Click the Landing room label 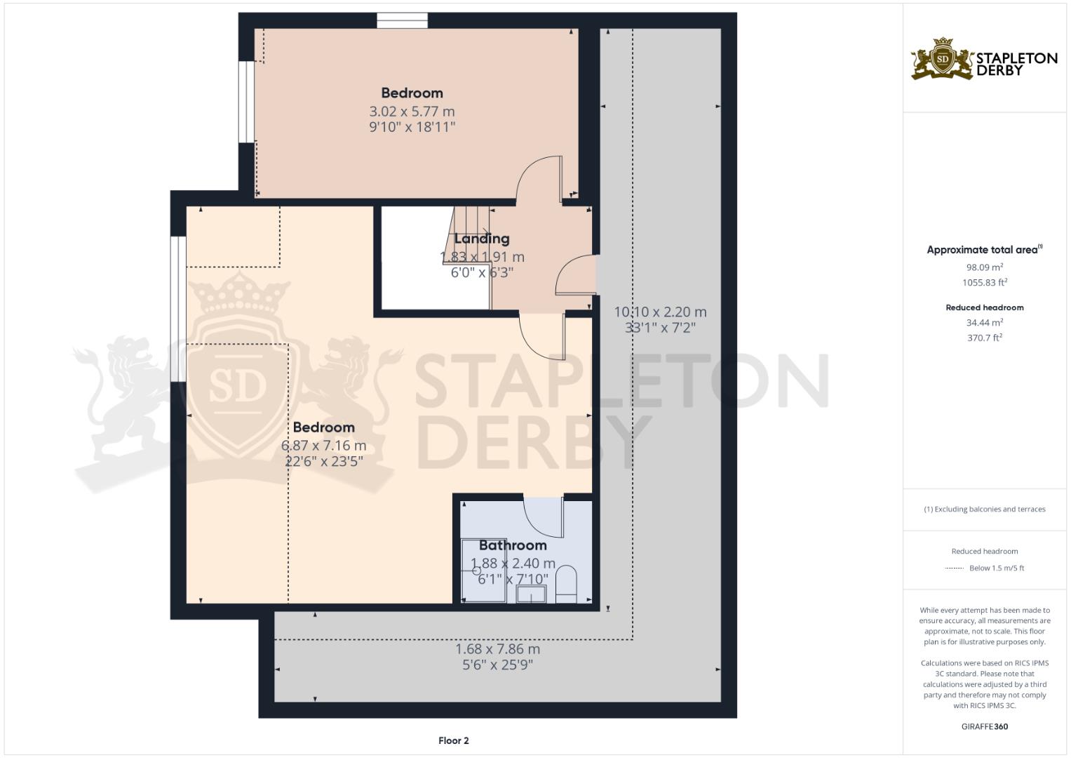coord(481,239)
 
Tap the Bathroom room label coord(513,545)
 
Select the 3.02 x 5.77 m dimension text coord(412,112)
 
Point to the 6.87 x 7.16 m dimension coord(324,446)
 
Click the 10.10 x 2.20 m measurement coord(660,312)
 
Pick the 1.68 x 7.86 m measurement coord(497,649)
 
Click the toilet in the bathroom coord(567,584)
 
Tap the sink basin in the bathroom coord(531,594)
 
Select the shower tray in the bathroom coord(483,570)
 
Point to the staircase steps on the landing coord(468,234)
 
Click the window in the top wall coord(402,20)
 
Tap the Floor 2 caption coord(453,740)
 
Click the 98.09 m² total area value coord(985,267)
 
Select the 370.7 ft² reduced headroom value coord(985,338)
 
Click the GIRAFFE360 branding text coord(985,726)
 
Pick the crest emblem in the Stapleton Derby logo coord(943,58)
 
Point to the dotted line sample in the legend coord(955,568)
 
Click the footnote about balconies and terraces coord(985,509)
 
